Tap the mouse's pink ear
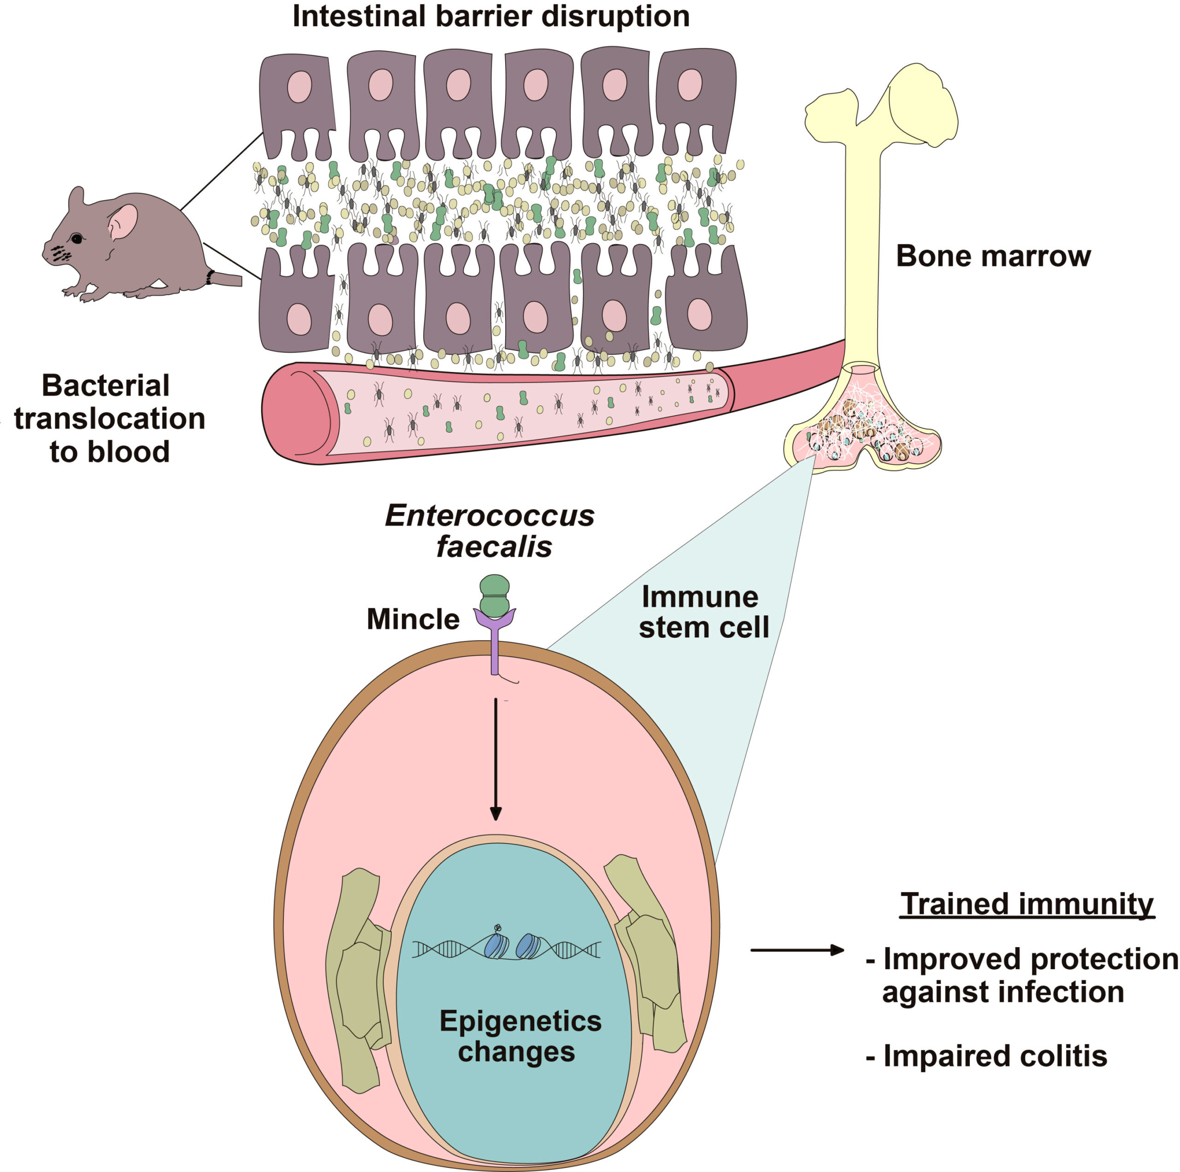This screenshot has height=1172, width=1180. coord(123,222)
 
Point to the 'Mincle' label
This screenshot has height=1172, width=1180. coord(413,619)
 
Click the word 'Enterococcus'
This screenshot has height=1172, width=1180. coord(489,516)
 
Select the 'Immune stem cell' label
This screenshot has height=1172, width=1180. coord(703,613)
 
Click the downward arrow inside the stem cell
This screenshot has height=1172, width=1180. coord(496,759)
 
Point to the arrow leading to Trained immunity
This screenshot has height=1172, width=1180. coord(797,950)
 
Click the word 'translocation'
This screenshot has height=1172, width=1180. coord(109,419)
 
